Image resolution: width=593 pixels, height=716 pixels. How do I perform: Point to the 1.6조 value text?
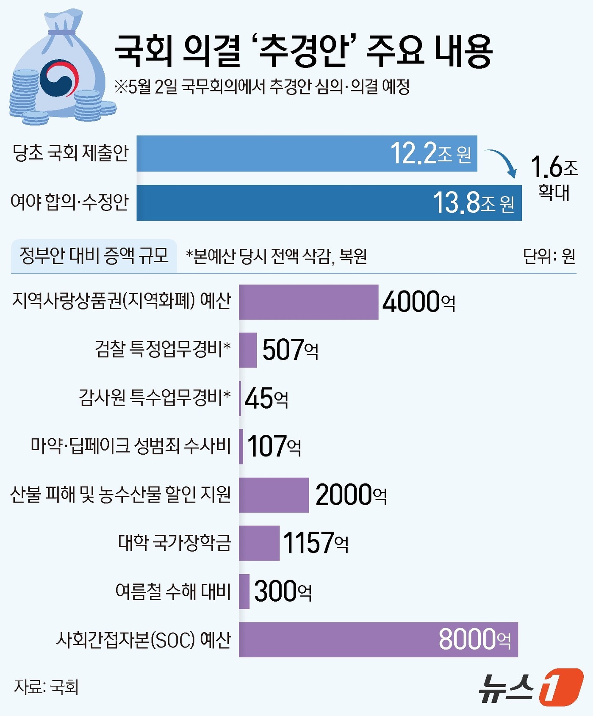click(554, 167)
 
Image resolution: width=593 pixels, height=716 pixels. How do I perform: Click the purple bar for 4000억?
click(308, 302)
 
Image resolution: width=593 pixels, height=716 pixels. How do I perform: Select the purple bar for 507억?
click(248, 350)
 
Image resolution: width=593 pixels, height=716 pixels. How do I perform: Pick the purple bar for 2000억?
click(274, 495)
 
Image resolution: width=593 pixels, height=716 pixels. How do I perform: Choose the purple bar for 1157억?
click(259, 543)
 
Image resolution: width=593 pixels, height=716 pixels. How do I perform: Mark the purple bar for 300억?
click(244, 592)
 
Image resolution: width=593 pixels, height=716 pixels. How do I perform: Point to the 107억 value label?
click(274, 447)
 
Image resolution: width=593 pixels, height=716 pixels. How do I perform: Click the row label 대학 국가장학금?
click(175, 543)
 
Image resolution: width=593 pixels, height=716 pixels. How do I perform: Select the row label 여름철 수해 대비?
click(173, 592)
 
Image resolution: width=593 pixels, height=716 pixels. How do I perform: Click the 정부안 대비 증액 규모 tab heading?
click(94, 256)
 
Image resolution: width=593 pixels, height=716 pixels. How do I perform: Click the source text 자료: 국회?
click(46, 687)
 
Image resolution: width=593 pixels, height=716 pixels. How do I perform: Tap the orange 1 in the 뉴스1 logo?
click(560, 687)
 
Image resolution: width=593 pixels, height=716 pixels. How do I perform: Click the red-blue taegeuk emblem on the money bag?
click(59, 79)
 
